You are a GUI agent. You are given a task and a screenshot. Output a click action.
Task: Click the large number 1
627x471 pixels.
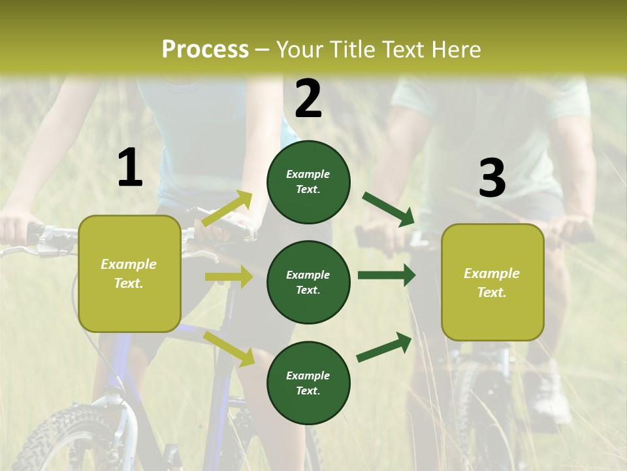coord(130,168)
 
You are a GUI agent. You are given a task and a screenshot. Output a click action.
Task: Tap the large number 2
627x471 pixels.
coord(308,99)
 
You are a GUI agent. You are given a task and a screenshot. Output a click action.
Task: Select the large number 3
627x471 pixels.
coord(492,179)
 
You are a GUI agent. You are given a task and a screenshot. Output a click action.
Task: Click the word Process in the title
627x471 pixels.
coord(205,49)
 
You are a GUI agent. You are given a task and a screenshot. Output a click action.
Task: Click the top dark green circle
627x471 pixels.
coord(308,181)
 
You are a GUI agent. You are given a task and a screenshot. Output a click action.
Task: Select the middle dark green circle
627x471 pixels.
coord(308,282)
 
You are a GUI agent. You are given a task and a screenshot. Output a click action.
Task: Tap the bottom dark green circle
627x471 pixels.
coord(308,383)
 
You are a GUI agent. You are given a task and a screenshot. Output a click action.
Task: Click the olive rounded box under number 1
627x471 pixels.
coord(129,273)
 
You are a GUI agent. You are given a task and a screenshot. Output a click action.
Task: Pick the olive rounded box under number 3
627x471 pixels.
coord(492,282)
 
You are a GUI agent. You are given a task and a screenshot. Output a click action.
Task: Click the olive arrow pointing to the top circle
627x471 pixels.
coord(227,209)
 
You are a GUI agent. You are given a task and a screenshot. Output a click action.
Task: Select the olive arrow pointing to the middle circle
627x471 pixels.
coord(229,277)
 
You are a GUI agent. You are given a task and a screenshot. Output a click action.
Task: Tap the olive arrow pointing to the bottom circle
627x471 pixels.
coord(229,349)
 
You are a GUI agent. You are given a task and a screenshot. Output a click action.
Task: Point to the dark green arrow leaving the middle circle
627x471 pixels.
coord(387,275)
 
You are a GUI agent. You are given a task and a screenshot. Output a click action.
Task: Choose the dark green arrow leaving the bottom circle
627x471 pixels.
coord(384,347)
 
